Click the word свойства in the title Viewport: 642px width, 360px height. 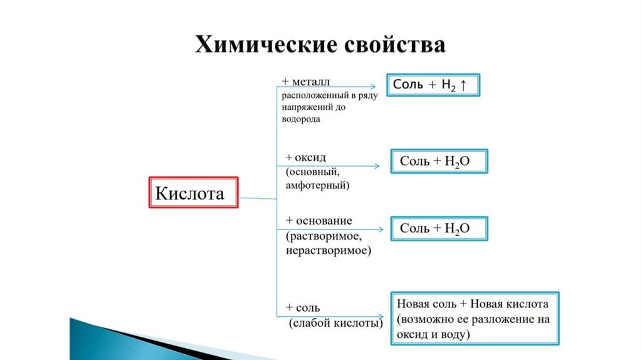[x=394, y=46]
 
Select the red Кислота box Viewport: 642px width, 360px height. [x=193, y=193]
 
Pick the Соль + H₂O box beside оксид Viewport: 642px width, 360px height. [x=438, y=161]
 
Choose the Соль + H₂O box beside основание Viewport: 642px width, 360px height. [x=438, y=228]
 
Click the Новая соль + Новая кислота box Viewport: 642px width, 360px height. [x=473, y=319]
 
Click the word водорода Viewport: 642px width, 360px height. [x=301, y=119]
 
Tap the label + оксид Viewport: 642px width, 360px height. [x=306, y=157]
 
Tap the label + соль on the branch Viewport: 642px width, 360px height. [x=303, y=307]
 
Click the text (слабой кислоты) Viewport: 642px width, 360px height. [x=336, y=324]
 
